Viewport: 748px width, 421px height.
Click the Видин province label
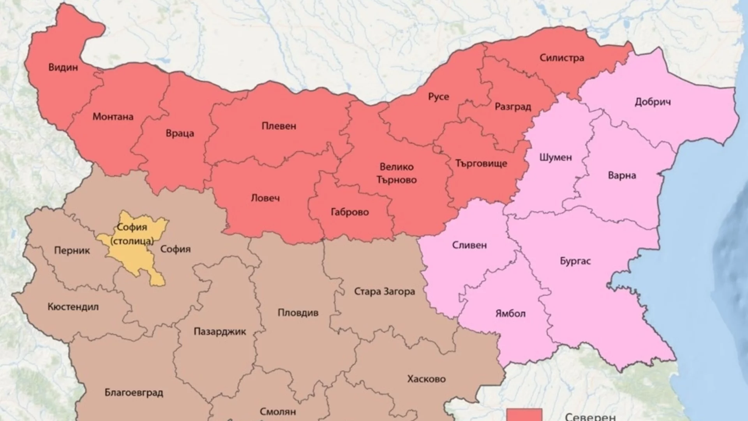[63, 67]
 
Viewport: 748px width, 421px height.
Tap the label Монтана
[113, 117]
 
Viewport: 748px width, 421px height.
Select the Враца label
[180, 133]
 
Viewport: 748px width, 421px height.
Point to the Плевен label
[279, 126]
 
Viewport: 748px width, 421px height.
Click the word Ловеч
[265, 198]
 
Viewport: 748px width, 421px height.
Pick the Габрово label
[349, 212]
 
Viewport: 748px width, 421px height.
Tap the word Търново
[396, 180]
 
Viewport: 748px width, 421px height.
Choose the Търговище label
[481, 163]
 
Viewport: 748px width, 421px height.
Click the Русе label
[439, 97]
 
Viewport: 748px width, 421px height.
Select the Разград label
[513, 107]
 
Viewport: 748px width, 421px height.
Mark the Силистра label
[562, 58]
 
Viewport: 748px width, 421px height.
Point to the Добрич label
[653, 102]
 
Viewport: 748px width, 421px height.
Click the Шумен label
[556, 157]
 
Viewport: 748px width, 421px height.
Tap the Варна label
[622, 175]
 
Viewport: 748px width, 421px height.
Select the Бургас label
[575, 261]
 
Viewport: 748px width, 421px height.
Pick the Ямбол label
[510, 313]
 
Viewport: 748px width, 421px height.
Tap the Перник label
[72, 250]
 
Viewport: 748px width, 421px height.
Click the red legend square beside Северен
[524, 415]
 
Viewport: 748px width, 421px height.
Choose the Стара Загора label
[384, 292]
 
